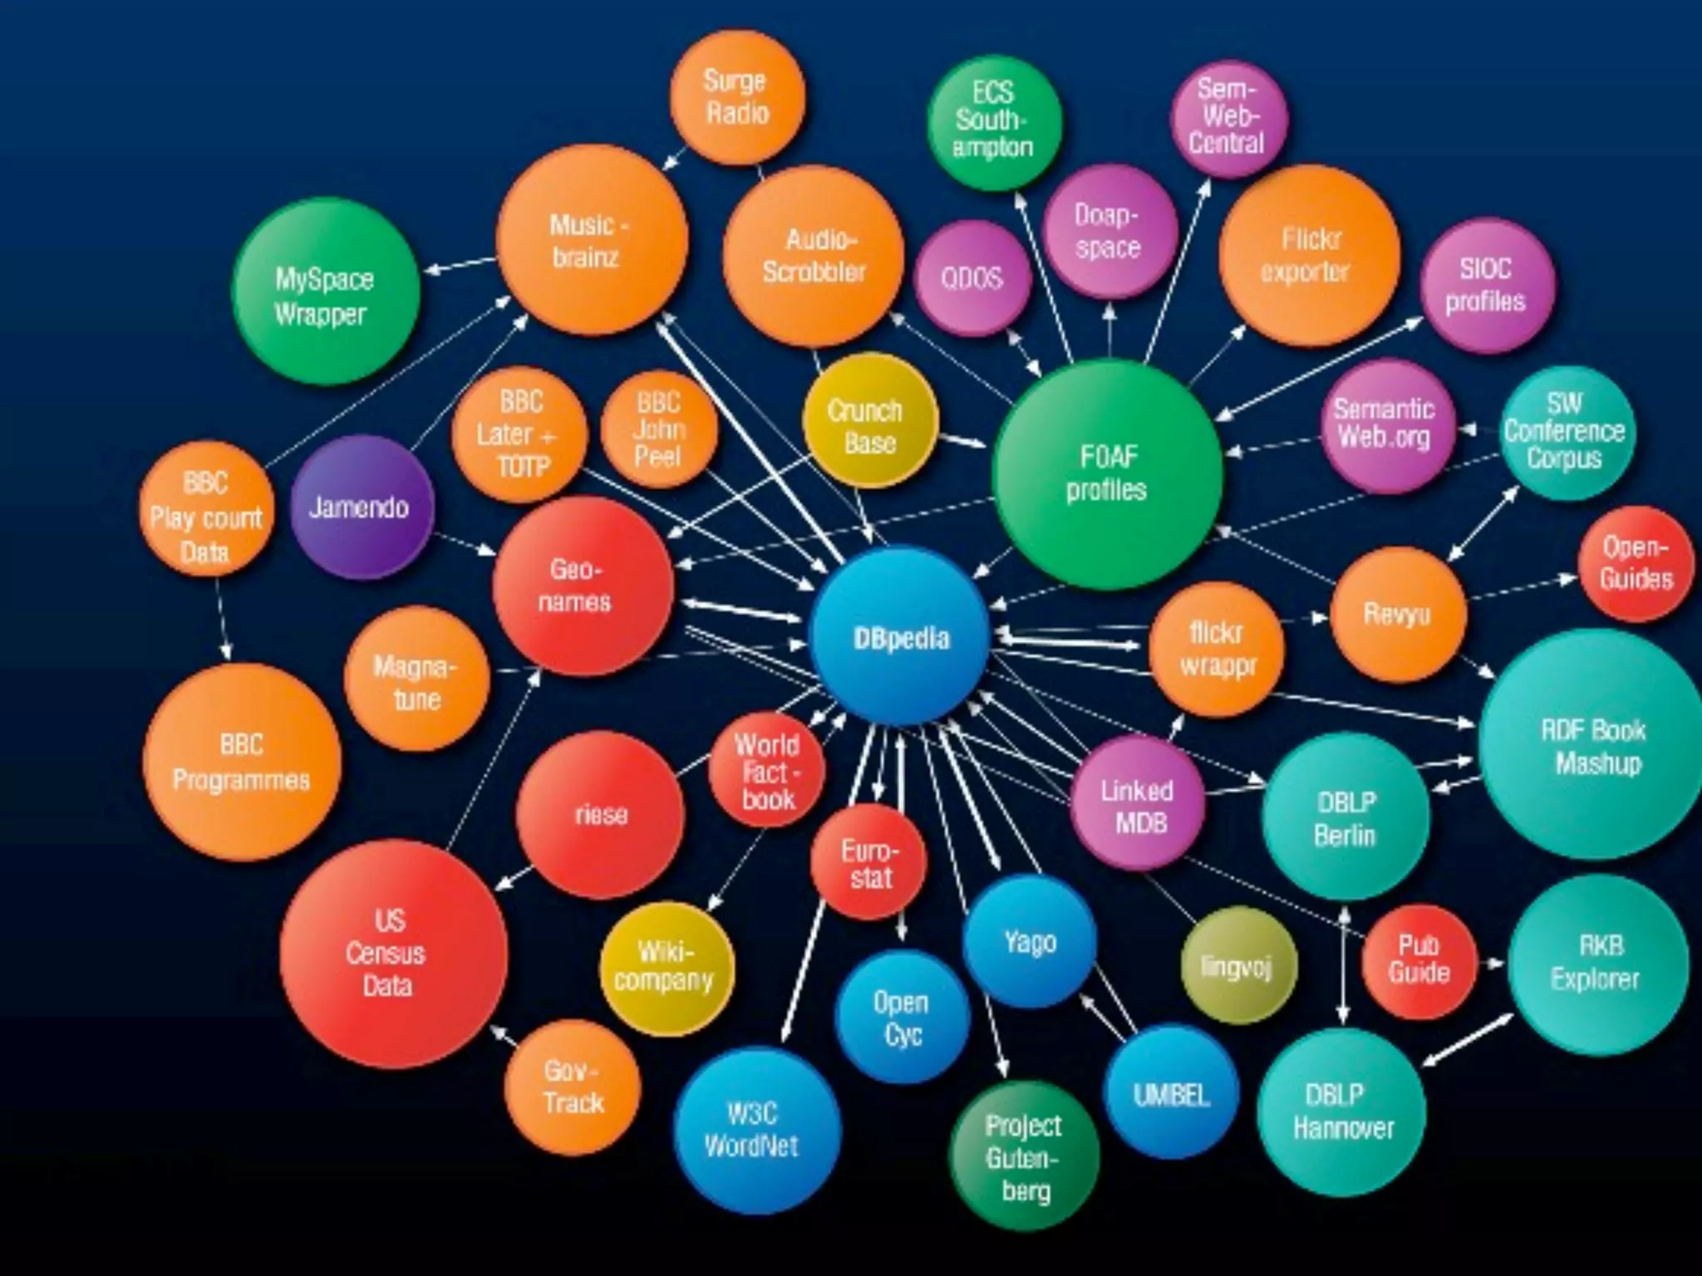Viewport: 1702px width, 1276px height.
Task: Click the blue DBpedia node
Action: point(901,637)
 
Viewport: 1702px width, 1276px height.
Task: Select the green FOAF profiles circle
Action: point(1107,474)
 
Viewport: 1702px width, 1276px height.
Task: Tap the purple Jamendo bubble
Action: point(361,507)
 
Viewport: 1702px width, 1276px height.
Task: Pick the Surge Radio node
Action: point(736,97)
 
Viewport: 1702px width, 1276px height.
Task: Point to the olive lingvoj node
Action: point(1237,966)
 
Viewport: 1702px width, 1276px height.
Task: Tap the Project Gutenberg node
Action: point(1024,1156)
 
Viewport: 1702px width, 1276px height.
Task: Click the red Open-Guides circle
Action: point(1635,563)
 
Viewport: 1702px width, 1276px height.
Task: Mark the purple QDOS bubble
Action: point(972,277)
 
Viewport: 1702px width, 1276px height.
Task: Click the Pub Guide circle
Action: point(1419,959)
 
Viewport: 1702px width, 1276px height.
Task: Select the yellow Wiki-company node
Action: point(666,966)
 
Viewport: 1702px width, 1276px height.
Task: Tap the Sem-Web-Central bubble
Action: point(1227,117)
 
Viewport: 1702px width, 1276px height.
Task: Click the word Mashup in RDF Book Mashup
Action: point(1598,763)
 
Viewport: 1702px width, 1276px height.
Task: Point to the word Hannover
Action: point(1343,1128)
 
